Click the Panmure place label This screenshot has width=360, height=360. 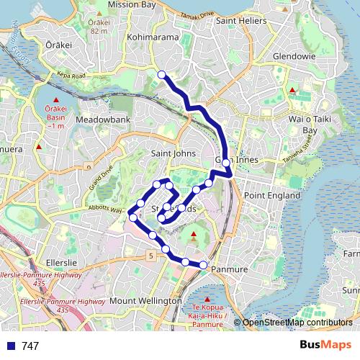(x=230, y=269)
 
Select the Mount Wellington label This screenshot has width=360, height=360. (x=145, y=300)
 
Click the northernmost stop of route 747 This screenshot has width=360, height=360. (x=162, y=74)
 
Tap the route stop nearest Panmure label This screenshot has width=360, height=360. (x=203, y=266)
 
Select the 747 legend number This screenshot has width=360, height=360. (x=30, y=346)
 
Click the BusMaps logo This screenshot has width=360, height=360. (x=325, y=346)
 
